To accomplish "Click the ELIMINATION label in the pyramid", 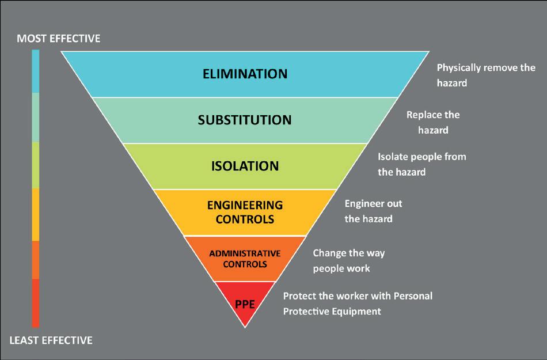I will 245,74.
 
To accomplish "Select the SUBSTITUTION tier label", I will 245,120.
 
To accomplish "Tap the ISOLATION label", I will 245,166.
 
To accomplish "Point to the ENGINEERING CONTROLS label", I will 245,212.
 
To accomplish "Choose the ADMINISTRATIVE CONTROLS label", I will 245,259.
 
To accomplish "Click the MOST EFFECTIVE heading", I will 58,39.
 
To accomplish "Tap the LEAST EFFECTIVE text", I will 51,340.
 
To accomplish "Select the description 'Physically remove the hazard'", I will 486,75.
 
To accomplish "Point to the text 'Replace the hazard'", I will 433,122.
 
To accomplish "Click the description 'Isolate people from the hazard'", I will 421,164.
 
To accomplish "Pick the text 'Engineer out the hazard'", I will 373,211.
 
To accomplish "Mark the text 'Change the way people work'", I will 348,260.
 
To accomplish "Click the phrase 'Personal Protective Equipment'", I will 332,311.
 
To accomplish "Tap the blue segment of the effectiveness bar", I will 36,71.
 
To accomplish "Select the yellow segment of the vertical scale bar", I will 36,214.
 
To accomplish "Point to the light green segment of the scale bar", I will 36,165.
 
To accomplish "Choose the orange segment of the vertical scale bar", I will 36,260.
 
